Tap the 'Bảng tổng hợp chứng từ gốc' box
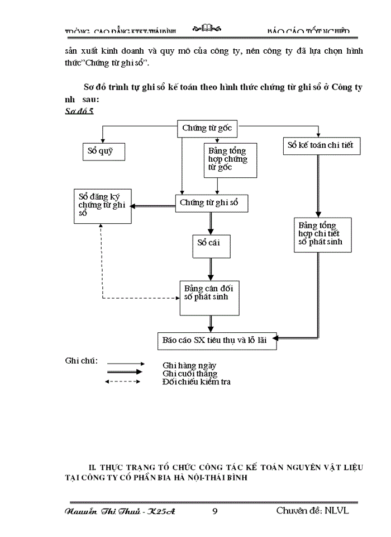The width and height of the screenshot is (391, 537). pos(230,160)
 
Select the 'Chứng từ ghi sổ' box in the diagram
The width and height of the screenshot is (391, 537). pos(211,203)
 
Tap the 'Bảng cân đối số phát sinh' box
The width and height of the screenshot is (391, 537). pos(211,297)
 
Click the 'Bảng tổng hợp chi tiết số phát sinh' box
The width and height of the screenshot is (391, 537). pos(323,234)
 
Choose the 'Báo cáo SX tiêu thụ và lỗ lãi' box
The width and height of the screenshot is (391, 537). pos(217,341)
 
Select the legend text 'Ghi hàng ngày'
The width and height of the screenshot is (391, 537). pos(189,365)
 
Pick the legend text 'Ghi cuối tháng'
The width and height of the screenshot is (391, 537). pos(190,373)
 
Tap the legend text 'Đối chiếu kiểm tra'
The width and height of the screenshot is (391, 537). pos(196,381)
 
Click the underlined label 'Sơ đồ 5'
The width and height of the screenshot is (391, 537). pos(79,111)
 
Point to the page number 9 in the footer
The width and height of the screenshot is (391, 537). pos(215,511)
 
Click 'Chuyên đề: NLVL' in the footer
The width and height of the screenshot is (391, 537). pos(313,510)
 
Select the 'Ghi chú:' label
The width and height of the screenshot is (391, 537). pos(82,360)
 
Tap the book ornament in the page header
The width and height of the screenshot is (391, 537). pos(207,29)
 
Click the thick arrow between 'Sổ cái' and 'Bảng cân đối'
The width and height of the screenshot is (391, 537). pos(211,269)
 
